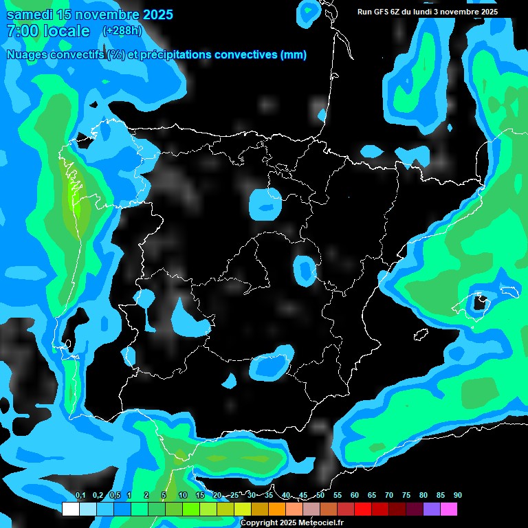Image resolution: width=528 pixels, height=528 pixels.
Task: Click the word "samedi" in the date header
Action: click(x=29, y=14)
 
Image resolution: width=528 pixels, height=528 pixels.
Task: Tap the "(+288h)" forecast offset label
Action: click(x=122, y=30)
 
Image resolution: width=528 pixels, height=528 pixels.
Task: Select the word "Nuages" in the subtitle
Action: click(x=27, y=55)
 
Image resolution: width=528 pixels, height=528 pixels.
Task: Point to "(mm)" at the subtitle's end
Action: click(x=294, y=55)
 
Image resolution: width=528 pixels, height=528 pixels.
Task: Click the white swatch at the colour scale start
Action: click(x=70, y=509)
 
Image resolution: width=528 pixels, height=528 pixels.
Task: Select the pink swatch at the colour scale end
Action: click(x=449, y=509)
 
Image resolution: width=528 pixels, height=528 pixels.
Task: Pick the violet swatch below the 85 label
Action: click(x=432, y=509)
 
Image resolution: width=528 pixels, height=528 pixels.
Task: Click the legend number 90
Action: click(x=457, y=496)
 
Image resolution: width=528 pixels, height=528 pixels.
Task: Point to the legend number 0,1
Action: click(x=80, y=496)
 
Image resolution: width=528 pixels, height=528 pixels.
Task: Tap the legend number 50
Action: click(x=320, y=496)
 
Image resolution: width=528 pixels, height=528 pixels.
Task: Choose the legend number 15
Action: click(x=200, y=496)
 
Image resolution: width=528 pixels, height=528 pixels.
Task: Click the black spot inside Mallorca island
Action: click(x=481, y=300)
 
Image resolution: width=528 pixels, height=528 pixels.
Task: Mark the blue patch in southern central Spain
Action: click(x=269, y=366)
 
